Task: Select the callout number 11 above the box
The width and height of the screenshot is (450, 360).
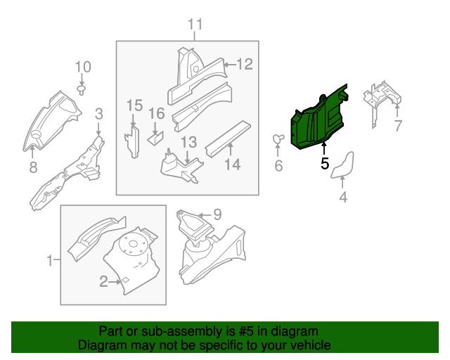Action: click(195, 25)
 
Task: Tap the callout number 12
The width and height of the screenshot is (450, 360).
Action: click(243, 65)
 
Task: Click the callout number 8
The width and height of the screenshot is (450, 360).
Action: click(32, 167)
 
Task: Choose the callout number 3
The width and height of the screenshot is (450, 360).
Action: click(98, 113)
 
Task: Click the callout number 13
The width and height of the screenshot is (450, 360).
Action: click(189, 142)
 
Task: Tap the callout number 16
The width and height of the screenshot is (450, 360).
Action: click(156, 113)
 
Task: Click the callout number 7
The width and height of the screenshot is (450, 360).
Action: click(397, 127)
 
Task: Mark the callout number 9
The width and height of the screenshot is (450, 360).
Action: click(217, 214)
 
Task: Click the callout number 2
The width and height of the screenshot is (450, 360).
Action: click(103, 282)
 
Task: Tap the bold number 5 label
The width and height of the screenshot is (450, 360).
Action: click(324, 164)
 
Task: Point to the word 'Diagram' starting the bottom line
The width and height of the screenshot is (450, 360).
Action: click(99, 345)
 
